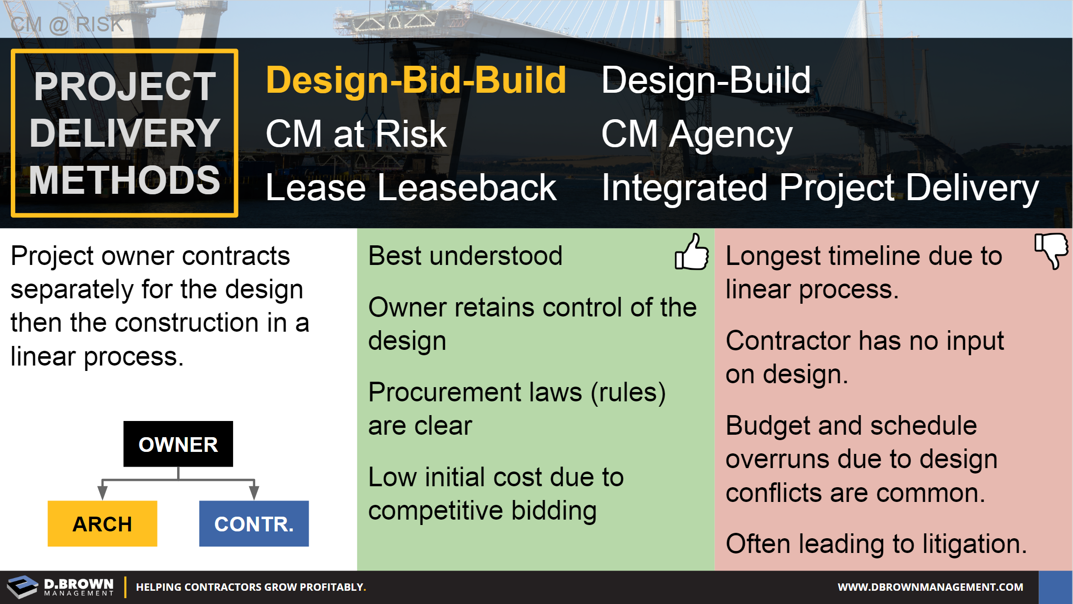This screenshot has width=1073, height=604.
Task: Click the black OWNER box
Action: point(178,444)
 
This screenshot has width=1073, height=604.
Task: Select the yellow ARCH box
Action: point(102,524)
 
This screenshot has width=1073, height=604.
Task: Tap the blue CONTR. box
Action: point(254,524)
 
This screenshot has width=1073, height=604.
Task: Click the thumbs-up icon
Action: point(692,252)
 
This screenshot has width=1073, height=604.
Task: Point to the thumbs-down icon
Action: point(1051,250)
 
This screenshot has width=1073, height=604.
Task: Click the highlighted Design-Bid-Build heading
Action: point(416,80)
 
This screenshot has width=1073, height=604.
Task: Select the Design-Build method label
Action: point(706,80)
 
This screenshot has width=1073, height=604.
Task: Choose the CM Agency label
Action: point(696,134)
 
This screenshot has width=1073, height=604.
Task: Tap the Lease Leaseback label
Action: point(411,187)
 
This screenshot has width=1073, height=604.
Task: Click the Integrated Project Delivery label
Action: point(819,187)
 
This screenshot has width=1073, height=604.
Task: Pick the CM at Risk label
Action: point(356,134)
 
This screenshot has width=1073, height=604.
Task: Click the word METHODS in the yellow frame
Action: point(125,180)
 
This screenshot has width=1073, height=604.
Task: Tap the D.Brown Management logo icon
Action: point(23,587)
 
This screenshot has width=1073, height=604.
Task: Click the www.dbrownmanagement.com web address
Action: point(930,587)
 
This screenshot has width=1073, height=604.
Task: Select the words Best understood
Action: point(465,256)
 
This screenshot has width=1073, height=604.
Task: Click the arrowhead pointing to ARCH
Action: point(102,492)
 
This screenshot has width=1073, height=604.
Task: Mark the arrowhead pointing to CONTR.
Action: point(254,492)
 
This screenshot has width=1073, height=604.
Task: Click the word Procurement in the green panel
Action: point(475,393)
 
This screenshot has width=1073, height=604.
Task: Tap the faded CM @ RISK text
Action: point(67,24)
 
